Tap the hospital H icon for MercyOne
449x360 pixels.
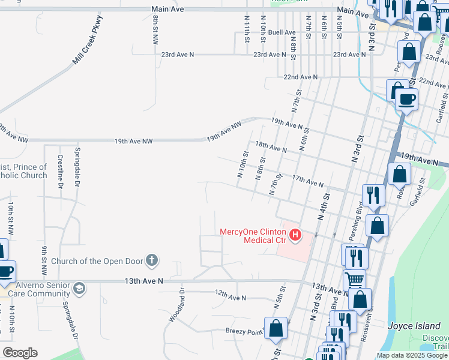[295, 236]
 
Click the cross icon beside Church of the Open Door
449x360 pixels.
[152, 260]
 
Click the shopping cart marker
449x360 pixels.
[354, 279]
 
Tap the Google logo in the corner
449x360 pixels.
[20, 353]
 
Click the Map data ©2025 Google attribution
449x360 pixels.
[412, 355]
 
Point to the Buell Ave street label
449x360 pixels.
[282, 32]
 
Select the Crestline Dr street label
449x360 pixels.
[60, 172]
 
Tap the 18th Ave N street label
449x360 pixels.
[270, 146]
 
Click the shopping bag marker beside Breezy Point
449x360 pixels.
[276, 329]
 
